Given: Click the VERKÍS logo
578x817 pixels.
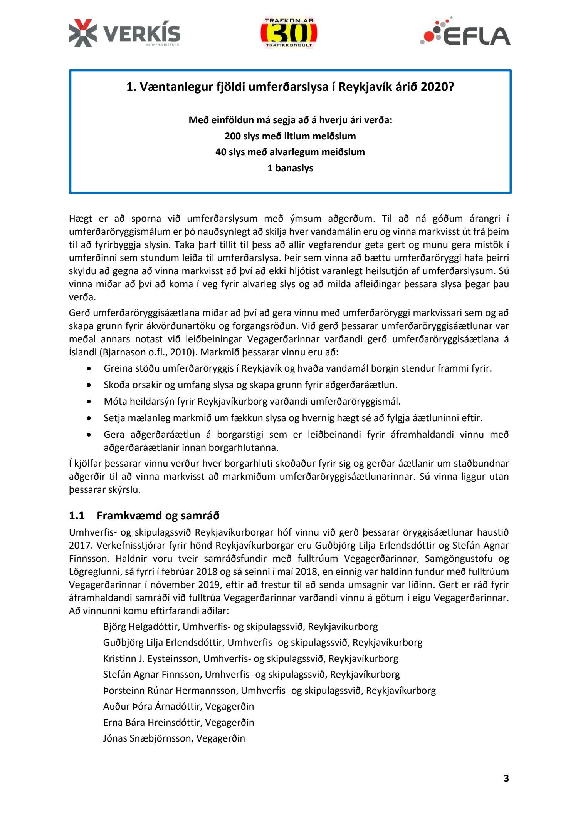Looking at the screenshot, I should click(124, 33).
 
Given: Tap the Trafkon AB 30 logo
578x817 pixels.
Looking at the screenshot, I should click(289, 33).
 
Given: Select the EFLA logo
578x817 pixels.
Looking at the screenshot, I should click(465, 32).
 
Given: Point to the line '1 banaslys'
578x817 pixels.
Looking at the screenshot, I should click(290, 168).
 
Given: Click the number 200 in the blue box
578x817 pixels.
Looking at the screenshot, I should click(232, 136).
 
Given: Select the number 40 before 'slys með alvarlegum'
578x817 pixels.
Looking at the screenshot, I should click(221, 152).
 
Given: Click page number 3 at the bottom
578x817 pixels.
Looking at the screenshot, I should click(506, 778).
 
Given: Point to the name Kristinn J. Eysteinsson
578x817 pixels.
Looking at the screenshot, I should click(151, 658).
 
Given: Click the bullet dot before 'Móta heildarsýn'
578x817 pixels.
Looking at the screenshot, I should click(89, 402).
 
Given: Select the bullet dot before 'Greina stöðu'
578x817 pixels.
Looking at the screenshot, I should click(89, 368).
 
